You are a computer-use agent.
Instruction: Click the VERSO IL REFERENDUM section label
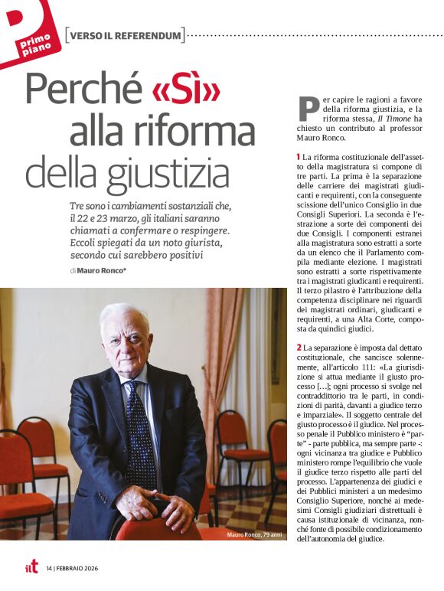(x=126, y=35)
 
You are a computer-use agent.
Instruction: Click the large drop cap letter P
(x=308, y=109)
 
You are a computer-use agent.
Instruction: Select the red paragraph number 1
(x=298, y=157)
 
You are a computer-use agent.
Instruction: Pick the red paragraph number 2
(x=298, y=349)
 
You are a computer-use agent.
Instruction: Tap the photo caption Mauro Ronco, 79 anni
(x=256, y=534)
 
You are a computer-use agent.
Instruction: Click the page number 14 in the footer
(x=49, y=568)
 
